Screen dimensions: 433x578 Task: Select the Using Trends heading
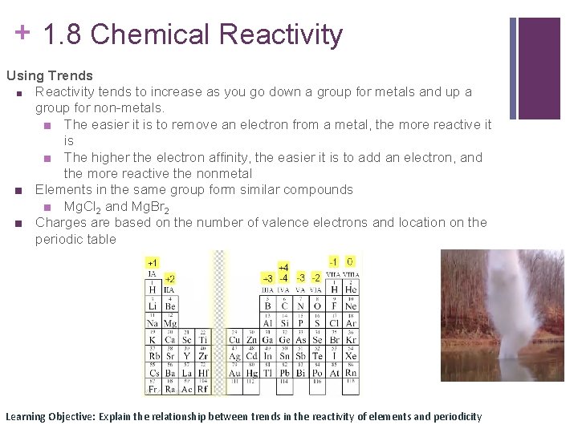tap(50, 75)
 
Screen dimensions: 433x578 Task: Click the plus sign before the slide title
tap(23, 32)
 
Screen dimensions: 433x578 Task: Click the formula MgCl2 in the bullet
tap(83, 207)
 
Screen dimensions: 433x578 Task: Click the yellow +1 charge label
tap(152, 263)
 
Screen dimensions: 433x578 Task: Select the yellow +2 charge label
tap(169, 279)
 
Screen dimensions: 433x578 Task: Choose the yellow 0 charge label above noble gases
tap(350, 261)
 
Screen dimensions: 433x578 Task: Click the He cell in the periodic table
tap(351, 289)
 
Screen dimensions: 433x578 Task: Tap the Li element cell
tap(153, 306)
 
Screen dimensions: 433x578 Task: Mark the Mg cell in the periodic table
tap(169, 322)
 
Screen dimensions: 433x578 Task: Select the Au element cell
tap(234, 372)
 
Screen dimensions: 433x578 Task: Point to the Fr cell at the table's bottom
tap(153, 389)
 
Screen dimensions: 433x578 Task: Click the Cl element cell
tap(333, 322)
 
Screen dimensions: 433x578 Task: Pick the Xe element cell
tap(351, 355)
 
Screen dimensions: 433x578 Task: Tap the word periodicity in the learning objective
tap(457, 416)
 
